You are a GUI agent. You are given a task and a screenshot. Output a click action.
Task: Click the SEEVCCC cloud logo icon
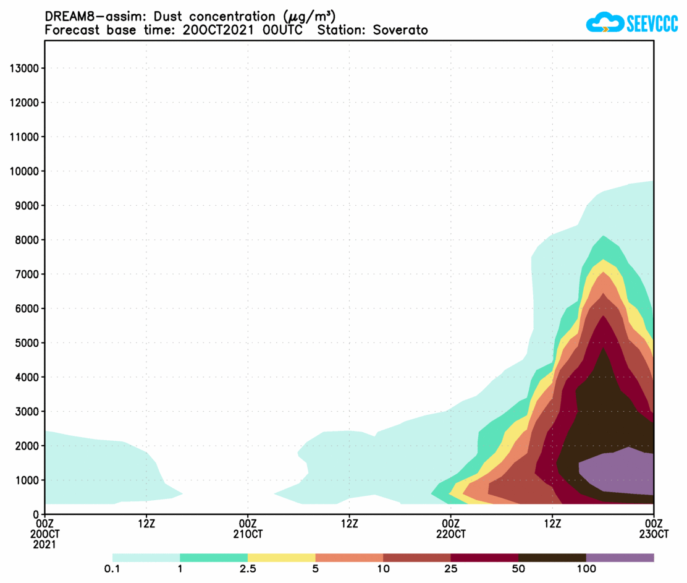coord(604,23)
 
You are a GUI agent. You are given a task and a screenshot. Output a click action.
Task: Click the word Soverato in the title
coord(400,30)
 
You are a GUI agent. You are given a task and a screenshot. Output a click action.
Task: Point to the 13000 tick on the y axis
coord(25,68)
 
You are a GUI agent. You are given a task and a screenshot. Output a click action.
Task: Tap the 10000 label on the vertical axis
coord(25,171)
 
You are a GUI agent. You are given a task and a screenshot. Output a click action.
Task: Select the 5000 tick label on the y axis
coord(27,343)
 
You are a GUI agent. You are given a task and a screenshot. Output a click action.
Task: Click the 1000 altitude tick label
coord(27,480)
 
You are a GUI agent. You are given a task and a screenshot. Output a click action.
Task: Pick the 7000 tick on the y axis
coord(27,274)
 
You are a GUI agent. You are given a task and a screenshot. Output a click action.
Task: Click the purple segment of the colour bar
coord(620,558)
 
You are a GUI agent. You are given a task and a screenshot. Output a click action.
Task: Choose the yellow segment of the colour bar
coord(281,558)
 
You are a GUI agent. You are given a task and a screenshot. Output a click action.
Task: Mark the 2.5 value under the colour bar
coord(248,569)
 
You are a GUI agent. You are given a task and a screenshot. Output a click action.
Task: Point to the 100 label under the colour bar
coord(586,569)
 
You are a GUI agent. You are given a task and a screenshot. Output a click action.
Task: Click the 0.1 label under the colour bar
coord(112,569)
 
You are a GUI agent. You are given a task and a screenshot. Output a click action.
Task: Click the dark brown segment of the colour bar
coord(552,558)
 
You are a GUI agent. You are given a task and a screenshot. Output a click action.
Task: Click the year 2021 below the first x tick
coord(45,545)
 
